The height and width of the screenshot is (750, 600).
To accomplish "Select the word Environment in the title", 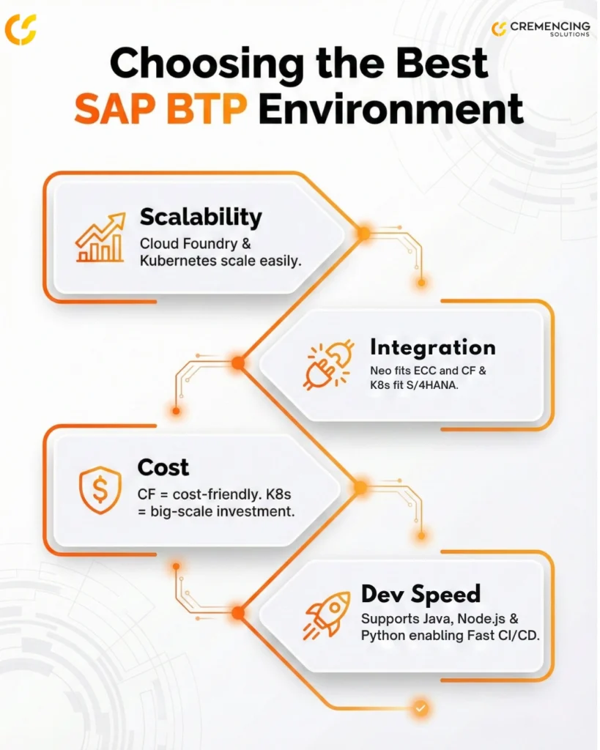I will [x=390, y=110].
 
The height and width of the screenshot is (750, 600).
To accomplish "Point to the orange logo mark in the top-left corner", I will [x=20, y=29].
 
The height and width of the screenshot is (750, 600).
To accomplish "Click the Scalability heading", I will [x=201, y=217].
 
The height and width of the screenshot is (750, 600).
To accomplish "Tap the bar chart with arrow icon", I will [x=100, y=239].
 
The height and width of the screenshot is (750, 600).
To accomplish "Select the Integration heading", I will [x=432, y=346].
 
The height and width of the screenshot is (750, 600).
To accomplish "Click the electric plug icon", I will [x=329, y=364].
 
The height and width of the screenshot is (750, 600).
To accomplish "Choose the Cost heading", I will [x=163, y=467].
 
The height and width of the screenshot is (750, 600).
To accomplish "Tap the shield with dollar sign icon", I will [x=100, y=489].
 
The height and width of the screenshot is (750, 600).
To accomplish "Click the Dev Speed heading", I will [x=421, y=593].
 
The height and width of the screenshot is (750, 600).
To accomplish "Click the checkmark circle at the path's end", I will [x=421, y=708].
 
